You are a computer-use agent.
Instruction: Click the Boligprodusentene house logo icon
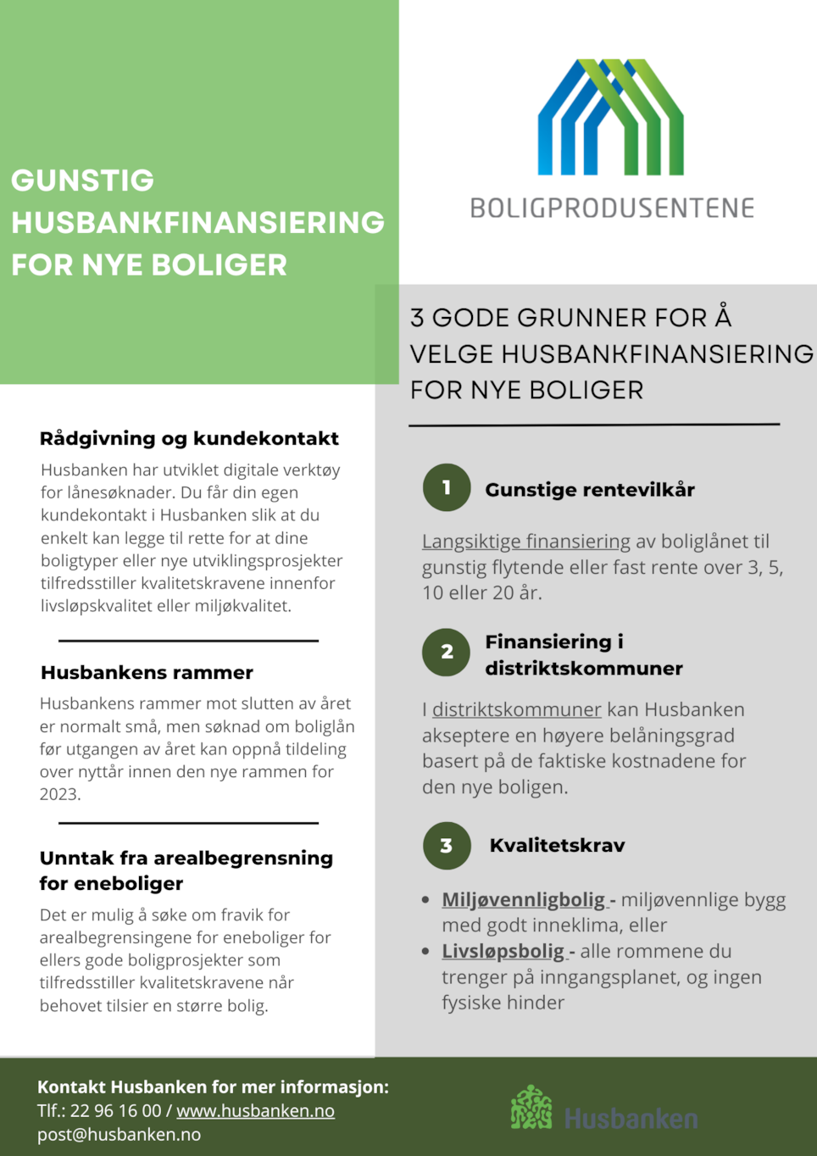click(x=611, y=117)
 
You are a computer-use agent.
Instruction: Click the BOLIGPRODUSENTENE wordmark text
click(x=612, y=208)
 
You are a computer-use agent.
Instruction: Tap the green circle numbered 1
click(x=447, y=487)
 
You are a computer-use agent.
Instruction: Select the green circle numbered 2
click(x=447, y=652)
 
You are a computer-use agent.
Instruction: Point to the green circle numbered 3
click(x=447, y=846)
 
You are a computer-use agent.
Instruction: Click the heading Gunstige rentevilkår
click(x=590, y=490)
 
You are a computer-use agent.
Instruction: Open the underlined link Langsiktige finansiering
click(x=526, y=542)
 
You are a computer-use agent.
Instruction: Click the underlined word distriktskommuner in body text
click(x=517, y=709)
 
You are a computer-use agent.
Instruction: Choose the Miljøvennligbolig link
click(x=525, y=899)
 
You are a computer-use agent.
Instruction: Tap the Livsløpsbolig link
click(x=504, y=951)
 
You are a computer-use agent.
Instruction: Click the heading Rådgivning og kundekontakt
click(x=189, y=438)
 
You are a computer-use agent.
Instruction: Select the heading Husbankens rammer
click(x=147, y=673)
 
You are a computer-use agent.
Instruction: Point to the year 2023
click(x=59, y=794)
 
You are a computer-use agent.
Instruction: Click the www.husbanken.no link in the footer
click(x=255, y=1110)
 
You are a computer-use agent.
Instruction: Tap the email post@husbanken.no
click(x=119, y=1134)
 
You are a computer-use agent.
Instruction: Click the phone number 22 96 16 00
click(x=115, y=1110)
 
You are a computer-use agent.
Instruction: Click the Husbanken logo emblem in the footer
click(x=531, y=1108)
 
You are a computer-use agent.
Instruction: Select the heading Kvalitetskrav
click(x=558, y=846)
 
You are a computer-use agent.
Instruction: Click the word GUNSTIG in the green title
click(x=83, y=181)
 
